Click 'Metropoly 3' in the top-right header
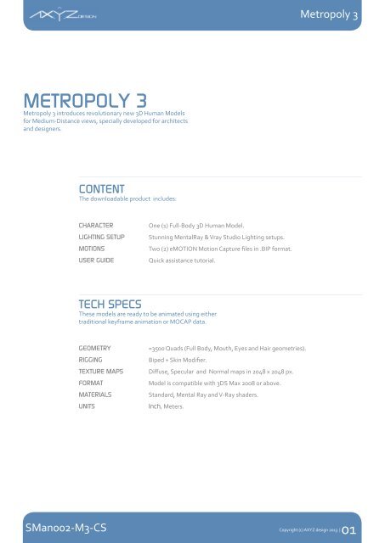click(x=344, y=16)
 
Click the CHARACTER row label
click(x=97, y=226)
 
